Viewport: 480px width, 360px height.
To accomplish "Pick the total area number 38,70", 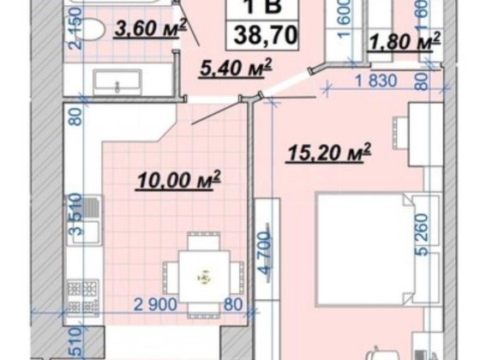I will coord(255,34).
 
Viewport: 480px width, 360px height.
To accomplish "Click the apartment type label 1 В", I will coord(255,7).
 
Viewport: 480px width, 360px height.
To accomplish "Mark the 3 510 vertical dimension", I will coord(75,218).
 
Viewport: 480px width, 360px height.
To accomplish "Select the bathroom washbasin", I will coord(111,82).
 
